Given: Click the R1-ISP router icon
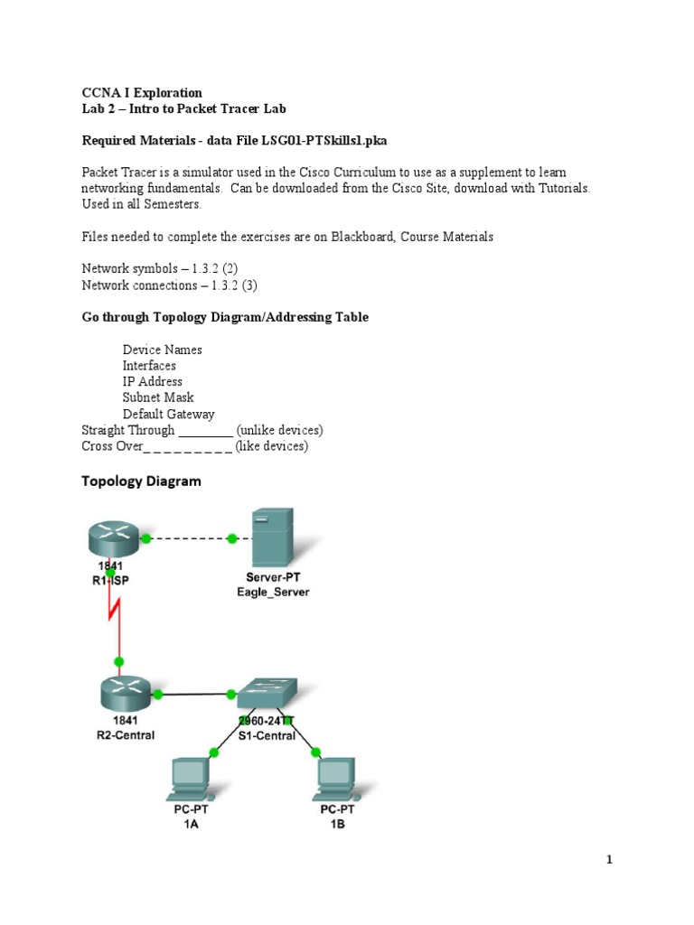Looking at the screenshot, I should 116,539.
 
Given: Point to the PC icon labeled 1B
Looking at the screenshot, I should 335,779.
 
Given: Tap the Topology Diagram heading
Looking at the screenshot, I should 141,481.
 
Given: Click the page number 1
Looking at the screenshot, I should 610,860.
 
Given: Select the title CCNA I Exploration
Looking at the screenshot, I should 142,93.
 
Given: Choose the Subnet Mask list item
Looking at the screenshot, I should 158,397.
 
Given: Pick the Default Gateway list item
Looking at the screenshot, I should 169,414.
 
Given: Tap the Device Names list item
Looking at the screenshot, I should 163,350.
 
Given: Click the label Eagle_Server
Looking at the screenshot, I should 272,593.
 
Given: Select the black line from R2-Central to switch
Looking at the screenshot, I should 193,695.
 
